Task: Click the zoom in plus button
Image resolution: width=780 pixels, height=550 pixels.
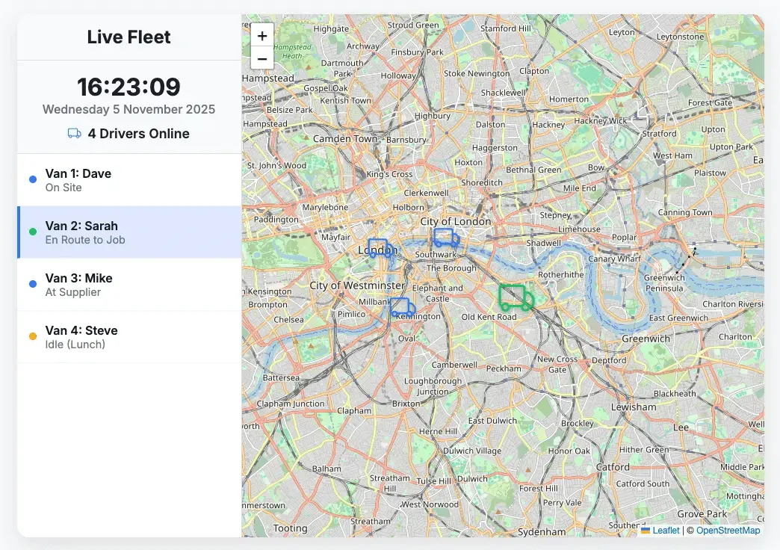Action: click(x=262, y=36)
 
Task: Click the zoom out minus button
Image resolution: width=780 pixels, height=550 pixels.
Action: click(x=262, y=58)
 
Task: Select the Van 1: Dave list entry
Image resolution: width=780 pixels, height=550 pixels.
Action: click(x=129, y=180)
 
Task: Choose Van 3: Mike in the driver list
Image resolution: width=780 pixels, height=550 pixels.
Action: click(x=129, y=285)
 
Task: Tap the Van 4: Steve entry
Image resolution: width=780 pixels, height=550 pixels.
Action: click(x=129, y=337)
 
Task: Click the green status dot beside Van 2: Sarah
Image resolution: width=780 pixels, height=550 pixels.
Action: click(x=33, y=232)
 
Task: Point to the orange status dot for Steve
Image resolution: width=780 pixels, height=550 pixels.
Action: click(x=33, y=336)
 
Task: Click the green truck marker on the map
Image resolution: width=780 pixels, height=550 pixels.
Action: click(x=516, y=297)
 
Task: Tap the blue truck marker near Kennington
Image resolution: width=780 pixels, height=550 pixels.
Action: click(x=403, y=306)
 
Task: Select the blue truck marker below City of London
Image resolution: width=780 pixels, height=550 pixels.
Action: click(x=446, y=238)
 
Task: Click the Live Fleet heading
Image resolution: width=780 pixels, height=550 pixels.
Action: click(x=129, y=37)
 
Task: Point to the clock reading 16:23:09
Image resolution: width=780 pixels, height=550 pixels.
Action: click(x=129, y=87)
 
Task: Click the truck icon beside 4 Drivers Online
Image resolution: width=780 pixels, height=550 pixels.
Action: click(x=74, y=134)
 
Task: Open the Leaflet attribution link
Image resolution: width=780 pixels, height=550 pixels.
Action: click(x=666, y=531)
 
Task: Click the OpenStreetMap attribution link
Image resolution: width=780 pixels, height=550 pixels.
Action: click(x=728, y=531)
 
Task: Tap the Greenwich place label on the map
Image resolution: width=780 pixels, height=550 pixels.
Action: click(x=646, y=339)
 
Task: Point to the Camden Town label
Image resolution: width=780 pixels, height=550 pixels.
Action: click(x=345, y=139)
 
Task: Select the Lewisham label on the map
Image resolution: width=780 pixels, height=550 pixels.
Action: click(x=634, y=407)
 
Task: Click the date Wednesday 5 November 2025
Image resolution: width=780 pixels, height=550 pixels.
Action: click(x=129, y=109)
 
